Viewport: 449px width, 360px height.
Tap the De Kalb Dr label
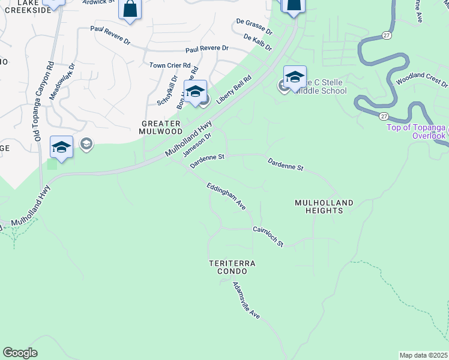[258, 42]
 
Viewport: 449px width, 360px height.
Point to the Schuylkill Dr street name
[167, 90]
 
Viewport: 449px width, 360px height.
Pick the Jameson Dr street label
[197, 143]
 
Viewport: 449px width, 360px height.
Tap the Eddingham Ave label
[226, 196]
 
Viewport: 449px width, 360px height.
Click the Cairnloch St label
[268, 236]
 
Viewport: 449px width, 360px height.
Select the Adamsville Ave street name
[246, 300]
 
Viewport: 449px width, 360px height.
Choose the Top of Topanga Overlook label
[416, 131]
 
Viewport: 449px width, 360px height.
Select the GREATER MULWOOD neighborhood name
[160, 127]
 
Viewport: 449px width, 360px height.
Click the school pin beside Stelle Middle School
[295, 77]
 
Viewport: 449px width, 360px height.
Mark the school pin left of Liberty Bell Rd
[195, 92]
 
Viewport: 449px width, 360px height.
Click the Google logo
[20, 353]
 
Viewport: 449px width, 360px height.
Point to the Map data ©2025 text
[424, 355]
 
